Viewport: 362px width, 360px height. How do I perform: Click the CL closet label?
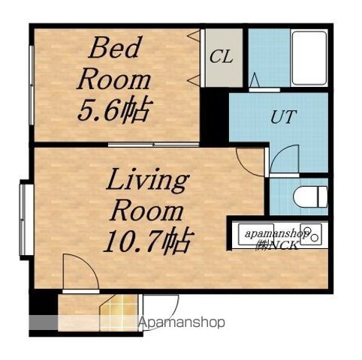tap(222, 57)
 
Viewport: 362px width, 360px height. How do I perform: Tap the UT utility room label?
tap(283, 116)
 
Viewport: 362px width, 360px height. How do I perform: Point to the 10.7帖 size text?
tap(149, 241)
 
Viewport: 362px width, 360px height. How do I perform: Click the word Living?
tap(147, 181)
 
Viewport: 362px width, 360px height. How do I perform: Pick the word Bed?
tap(113, 47)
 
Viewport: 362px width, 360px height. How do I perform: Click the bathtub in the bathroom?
tap(309, 58)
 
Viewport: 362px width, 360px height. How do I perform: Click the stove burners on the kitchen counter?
tap(311, 235)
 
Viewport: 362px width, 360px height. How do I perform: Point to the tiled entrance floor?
tap(119, 313)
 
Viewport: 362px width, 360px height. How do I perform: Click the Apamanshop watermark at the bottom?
tap(182, 322)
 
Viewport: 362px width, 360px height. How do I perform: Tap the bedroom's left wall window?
tap(32, 85)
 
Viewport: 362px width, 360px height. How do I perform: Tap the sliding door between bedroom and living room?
tap(153, 145)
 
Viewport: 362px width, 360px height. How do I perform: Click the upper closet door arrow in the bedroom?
tap(194, 35)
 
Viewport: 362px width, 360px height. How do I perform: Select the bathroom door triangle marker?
tap(255, 79)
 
